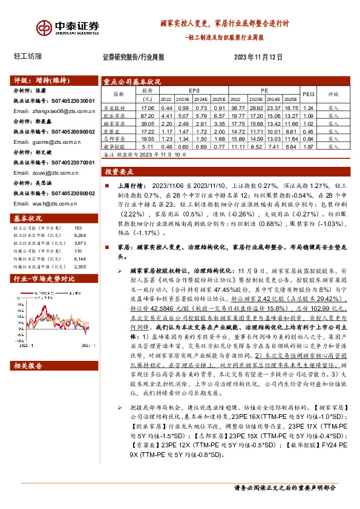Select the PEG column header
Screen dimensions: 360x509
(x=309, y=94)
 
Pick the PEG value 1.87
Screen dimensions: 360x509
(x=309, y=146)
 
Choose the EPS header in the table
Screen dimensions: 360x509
(x=194, y=90)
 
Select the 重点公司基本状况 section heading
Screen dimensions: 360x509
(x=132, y=81)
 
